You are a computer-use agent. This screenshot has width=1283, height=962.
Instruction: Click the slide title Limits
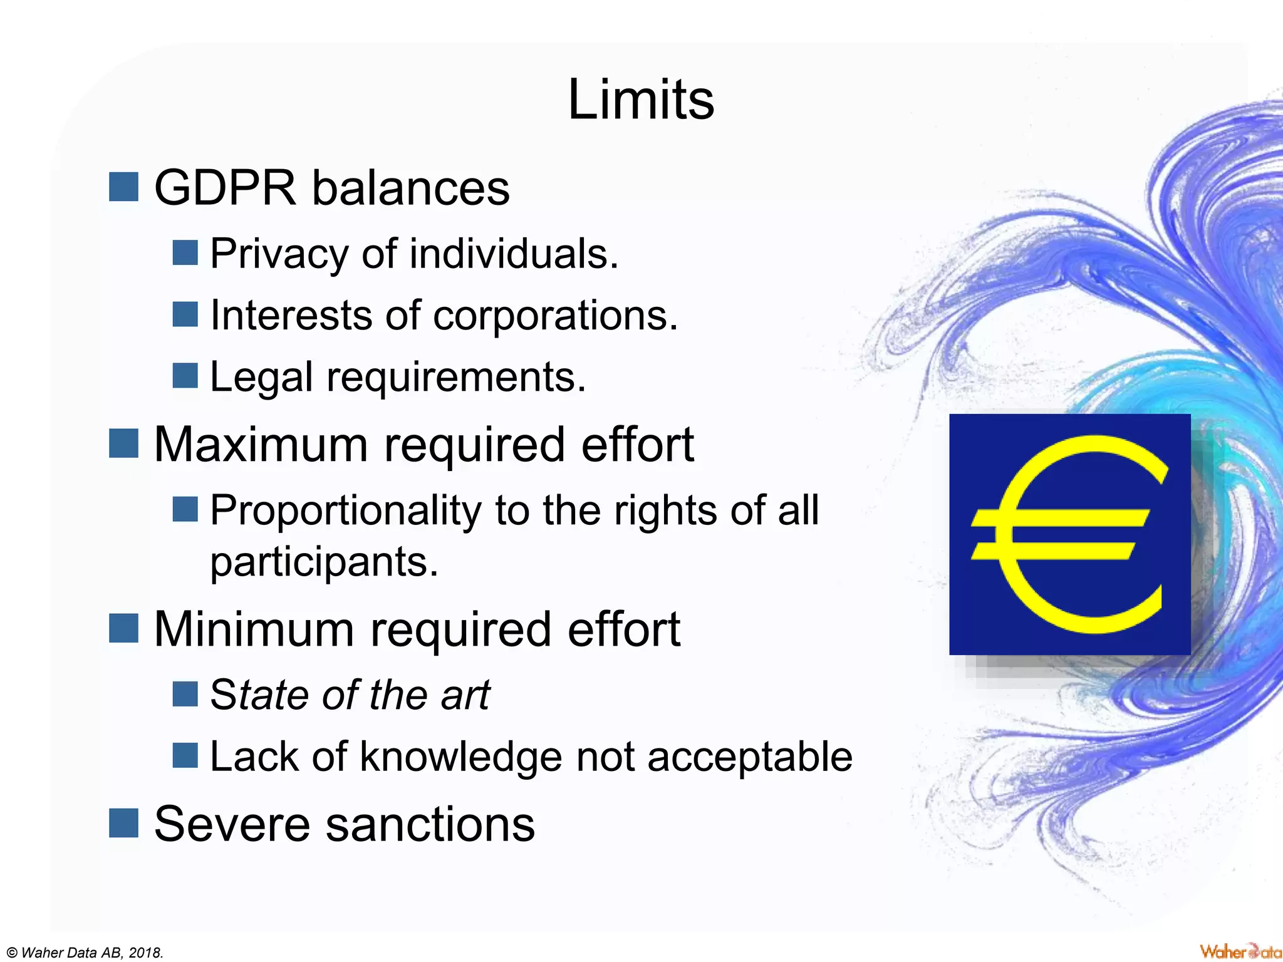[640, 100]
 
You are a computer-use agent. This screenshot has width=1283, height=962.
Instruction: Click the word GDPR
[225, 188]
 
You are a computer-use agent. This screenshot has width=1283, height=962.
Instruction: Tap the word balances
[411, 188]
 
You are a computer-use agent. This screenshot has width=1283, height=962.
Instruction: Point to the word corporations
[555, 315]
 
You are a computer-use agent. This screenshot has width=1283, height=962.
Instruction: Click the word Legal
[261, 378]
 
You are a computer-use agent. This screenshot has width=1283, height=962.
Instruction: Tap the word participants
[323, 562]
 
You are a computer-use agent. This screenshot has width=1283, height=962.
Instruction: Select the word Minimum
[254, 629]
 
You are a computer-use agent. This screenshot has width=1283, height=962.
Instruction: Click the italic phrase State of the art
[350, 695]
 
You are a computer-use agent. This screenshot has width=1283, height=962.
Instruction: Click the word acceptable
[749, 757]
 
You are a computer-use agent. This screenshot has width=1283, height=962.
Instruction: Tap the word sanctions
[430, 824]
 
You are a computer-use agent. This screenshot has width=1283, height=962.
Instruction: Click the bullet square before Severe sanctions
[123, 823]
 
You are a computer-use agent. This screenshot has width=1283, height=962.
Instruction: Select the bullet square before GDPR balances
[123, 187]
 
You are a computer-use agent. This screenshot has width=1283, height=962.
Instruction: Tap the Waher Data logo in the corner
[1240, 951]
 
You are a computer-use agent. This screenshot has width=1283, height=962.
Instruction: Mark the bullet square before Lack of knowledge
[185, 755]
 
